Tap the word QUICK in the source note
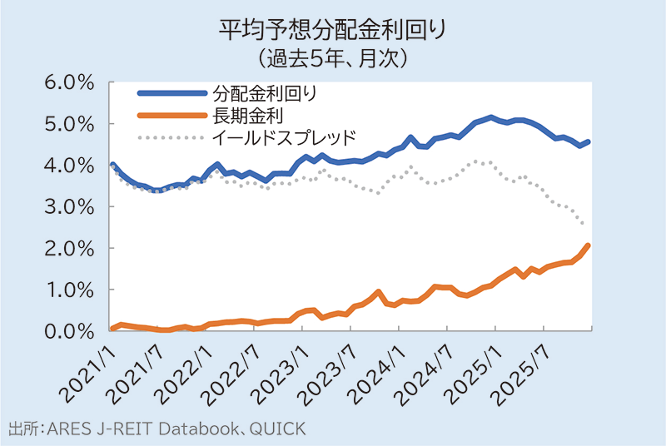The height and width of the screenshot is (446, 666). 280,429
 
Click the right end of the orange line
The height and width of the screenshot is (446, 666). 589,245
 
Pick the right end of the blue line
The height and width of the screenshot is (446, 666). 589,142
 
